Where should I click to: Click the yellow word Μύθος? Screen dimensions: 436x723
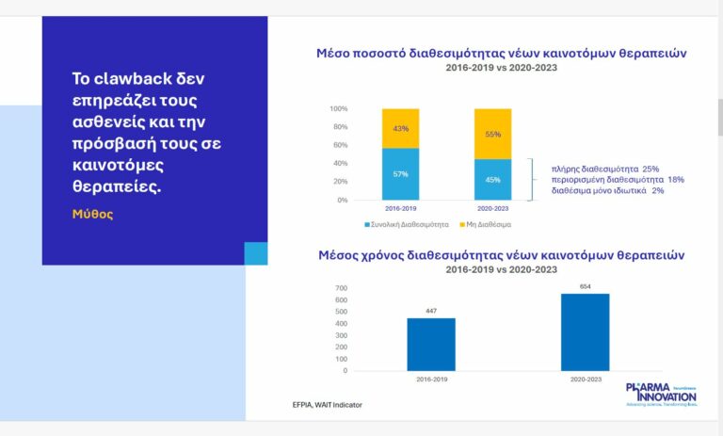(92, 214)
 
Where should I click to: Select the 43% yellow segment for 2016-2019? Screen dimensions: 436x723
(400, 128)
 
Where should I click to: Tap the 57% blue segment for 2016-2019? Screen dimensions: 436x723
(400, 174)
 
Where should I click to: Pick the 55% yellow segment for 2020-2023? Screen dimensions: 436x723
(492, 134)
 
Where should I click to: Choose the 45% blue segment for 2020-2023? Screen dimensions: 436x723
(492, 179)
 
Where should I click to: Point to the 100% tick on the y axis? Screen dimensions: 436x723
(338, 108)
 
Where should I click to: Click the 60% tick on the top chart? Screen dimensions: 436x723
(340, 145)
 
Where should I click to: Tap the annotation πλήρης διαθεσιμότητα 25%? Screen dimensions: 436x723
(605, 168)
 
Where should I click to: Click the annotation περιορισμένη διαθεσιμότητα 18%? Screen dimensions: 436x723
(618, 179)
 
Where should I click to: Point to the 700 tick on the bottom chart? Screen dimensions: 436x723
(341, 288)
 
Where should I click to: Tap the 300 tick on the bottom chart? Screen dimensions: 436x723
(341, 335)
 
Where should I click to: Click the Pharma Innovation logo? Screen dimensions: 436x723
(661, 394)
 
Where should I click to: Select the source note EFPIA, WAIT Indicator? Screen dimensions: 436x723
(327, 405)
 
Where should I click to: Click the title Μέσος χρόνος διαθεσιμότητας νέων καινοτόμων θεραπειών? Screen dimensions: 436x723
(501, 255)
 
